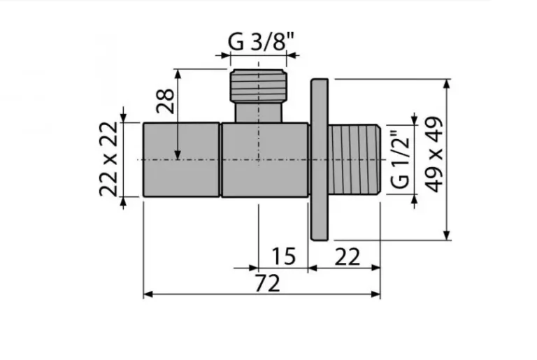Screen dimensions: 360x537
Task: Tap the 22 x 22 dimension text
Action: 109,160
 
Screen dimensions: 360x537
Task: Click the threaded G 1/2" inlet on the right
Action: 355,159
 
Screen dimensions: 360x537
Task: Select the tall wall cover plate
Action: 319,159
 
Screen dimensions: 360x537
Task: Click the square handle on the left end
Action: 182,159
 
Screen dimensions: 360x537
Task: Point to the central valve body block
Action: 265,159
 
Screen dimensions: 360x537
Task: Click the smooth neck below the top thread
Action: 259,113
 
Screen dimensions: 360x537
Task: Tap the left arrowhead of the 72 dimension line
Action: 147,294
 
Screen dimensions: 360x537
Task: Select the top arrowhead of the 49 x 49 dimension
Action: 447,82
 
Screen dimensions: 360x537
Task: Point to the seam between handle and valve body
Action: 221,159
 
